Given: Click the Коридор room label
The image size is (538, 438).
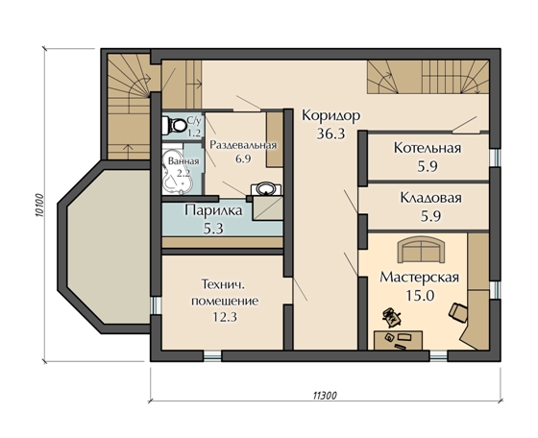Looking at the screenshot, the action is (330, 116).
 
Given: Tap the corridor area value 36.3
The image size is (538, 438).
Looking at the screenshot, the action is (330, 134).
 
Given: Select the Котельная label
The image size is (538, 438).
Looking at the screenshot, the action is (428, 148).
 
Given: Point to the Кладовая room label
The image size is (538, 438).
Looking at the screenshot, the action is (431, 198).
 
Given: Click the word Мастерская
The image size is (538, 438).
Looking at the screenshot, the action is (419, 278).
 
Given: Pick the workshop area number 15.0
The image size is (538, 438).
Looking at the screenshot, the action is (420, 295).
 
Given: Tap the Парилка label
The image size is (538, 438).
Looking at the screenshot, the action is (213, 210).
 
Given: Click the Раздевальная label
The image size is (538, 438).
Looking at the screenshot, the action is (243, 145).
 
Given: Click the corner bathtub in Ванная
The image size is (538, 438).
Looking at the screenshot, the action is (178, 170).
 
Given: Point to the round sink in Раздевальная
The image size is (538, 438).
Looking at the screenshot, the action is (265, 189).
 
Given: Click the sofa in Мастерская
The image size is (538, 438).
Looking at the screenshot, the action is (421, 251).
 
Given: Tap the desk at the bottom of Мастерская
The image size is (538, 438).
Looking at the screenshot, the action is (399, 340).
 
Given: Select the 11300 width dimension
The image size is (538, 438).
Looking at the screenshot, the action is (325, 396).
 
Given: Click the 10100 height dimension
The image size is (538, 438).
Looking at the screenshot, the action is (39, 206).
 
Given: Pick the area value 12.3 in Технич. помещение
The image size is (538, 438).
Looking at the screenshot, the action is (225, 317).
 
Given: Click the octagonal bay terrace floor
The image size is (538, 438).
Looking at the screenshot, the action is (109, 247).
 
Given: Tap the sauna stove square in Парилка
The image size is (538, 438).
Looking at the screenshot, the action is (268, 208).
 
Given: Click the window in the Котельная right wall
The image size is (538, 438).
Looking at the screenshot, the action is (494, 158).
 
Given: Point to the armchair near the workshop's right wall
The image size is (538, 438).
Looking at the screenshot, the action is (457, 312).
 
